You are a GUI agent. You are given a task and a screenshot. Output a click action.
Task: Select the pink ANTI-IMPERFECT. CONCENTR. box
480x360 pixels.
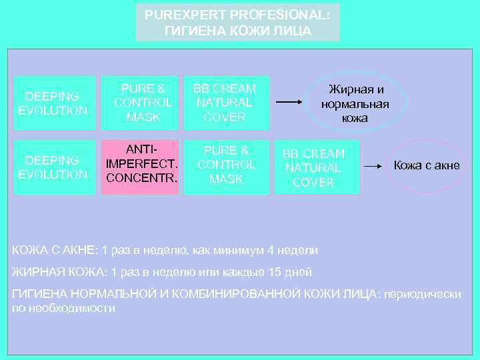[x=140, y=166]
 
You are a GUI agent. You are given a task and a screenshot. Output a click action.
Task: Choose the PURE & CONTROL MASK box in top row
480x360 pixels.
[x=143, y=103]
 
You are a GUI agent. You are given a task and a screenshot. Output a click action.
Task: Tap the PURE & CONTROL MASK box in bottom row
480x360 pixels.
[x=226, y=166]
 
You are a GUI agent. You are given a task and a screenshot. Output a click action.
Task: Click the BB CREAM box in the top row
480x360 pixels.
[x=225, y=103]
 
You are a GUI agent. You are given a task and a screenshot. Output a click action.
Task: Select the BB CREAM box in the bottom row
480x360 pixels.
[x=313, y=167]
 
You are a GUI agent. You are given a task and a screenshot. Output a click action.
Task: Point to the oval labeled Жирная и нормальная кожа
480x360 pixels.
[x=355, y=103]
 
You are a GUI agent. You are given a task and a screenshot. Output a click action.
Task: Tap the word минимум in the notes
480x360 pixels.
[x=242, y=250]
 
